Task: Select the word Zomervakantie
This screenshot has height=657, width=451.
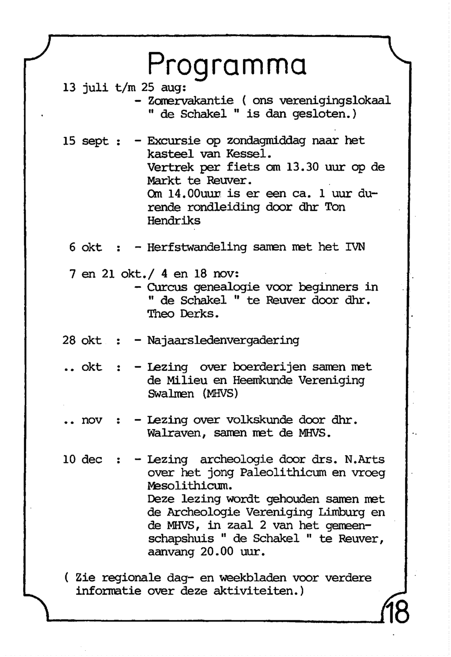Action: [190, 101]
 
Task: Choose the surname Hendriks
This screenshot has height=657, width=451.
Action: [174, 221]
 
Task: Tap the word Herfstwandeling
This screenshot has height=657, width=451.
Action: [197, 247]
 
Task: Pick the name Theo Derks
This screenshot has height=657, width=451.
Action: [183, 314]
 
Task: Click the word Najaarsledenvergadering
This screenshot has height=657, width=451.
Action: [223, 341]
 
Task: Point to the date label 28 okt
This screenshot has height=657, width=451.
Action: [82, 341]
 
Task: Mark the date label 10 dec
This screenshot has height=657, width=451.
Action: [83, 460]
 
